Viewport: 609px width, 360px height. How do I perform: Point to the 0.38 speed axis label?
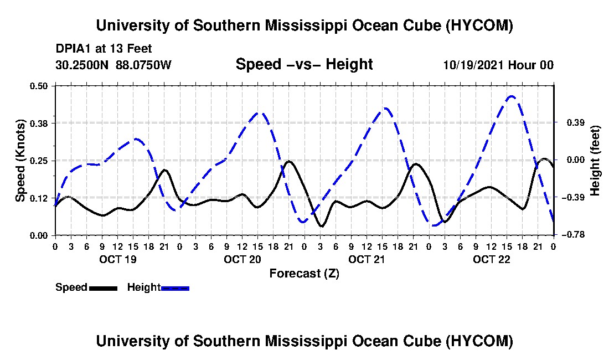pyautogui.click(x=38, y=123)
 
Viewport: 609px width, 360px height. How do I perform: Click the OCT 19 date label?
pyautogui.click(x=118, y=259)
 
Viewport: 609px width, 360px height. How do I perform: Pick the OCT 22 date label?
pyautogui.click(x=491, y=259)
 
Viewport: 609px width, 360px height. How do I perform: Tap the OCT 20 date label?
pyautogui.click(x=242, y=259)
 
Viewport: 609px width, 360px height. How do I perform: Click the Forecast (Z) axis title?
pyautogui.click(x=304, y=274)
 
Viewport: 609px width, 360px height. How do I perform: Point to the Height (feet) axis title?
pyautogui.click(x=595, y=161)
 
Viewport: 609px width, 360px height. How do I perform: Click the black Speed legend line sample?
pyautogui.click(x=103, y=288)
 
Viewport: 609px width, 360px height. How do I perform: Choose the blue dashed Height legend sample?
pyautogui.click(x=175, y=288)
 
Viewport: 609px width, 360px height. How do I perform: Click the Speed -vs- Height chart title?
pyautogui.click(x=304, y=64)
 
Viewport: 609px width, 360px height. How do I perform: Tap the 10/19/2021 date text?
pyautogui.click(x=474, y=65)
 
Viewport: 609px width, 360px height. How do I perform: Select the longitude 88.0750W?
pyautogui.click(x=143, y=65)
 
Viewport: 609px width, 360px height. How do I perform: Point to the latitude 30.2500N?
pyautogui.click(x=82, y=65)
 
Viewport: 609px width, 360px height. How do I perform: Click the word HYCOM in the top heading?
pyautogui.click(x=479, y=25)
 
